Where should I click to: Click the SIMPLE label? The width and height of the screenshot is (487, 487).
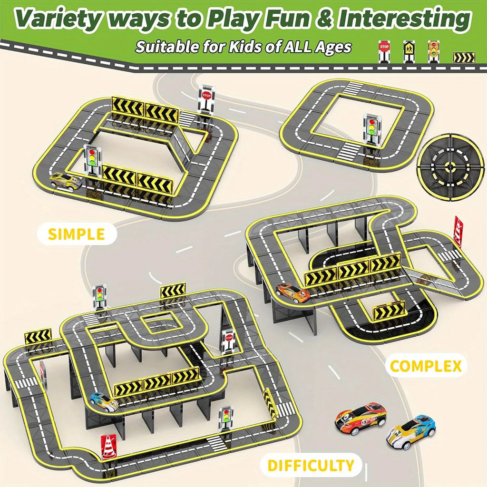pyautogui.click(x=77, y=234)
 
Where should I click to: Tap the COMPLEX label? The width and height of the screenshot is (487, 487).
pyautogui.click(x=425, y=366)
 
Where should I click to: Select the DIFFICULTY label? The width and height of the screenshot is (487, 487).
pyautogui.click(x=311, y=465)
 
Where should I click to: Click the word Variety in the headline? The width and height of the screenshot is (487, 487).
pyautogui.click(x=67, y=19)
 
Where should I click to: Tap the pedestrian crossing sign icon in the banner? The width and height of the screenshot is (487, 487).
pyautogui.click(x=409, y=51)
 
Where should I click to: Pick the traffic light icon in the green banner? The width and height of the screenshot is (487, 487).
pyautogui.click(x=433, y=50)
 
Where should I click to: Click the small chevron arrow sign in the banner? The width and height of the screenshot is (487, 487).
pyautogui.click(x=464, y=58)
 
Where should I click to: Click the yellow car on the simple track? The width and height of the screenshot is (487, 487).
pyautogui.click(x=66, y=181)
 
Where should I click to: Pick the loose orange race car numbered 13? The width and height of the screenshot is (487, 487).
pyautogui.click(x=360, y=418)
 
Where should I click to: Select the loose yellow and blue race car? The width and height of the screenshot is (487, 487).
pyautogui.click(x=410, y=431)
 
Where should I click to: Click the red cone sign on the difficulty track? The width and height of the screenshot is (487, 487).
pyautogui.click(x=108, y=447)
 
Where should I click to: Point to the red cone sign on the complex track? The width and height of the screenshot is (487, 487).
pyautogui.click(x=458, y=232)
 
